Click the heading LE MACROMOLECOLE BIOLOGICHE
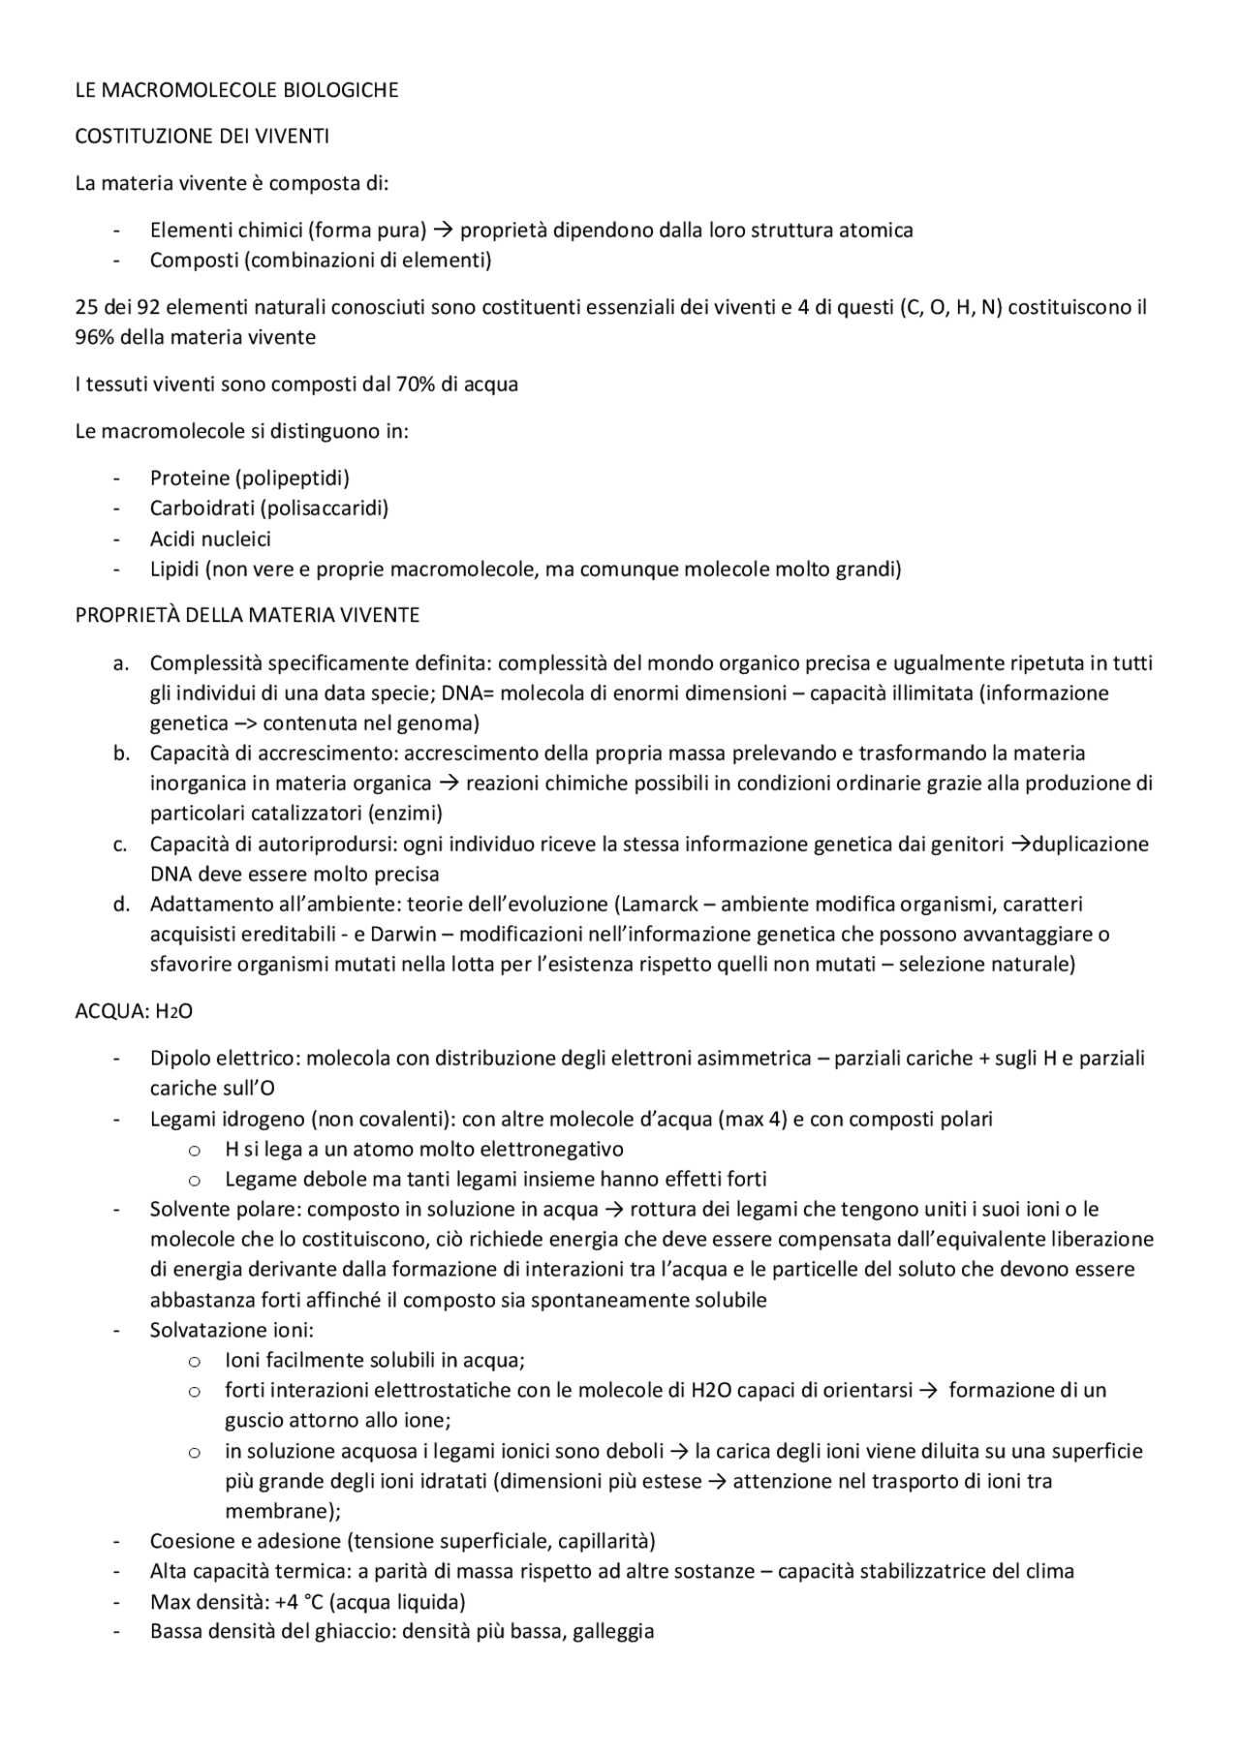coord(236,90)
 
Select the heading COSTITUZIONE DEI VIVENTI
coord(201,137)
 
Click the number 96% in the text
coord(94,337)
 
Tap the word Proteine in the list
coord(190,477)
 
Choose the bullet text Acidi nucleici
coord(210,539)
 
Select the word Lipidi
coord(173,569)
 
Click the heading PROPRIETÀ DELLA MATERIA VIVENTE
coord(247,615)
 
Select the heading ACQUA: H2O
coord(134,1011)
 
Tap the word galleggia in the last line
coord(613,1631)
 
